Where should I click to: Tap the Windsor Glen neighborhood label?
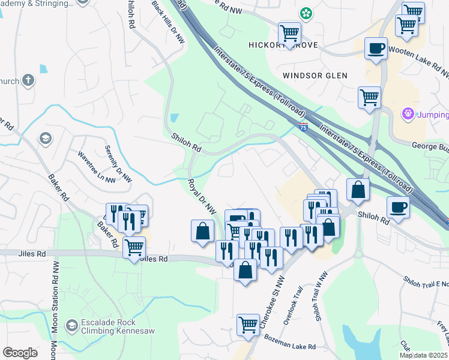tap(315, 76)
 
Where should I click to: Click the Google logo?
tap(20, 353)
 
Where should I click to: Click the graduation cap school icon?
tap(44, 139)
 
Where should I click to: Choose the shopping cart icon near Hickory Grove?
tap(289, 32)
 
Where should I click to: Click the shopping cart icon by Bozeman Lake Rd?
tap(248, 325)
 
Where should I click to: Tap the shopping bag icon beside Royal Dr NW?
tap(202, 231)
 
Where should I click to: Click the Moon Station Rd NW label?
tap(54, 312)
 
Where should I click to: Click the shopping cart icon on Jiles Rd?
tap(134, 247)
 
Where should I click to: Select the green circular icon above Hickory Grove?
tap(306, 13)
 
